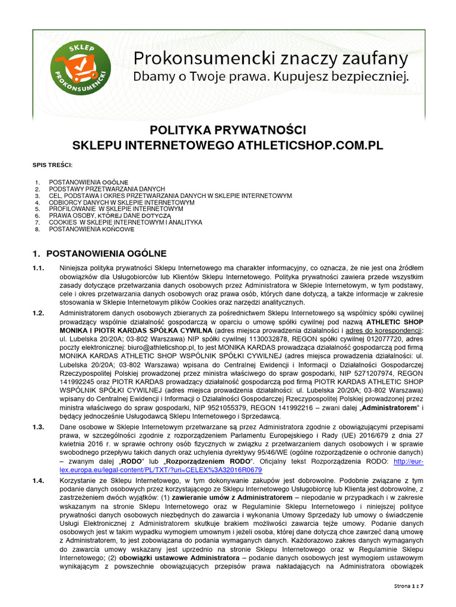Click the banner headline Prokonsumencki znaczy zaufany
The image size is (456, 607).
point(270,59)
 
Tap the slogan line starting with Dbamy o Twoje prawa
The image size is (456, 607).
point(270,77)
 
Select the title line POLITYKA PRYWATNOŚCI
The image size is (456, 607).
point(228,130)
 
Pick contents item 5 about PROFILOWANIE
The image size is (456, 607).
point(116,209)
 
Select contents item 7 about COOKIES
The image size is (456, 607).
point(125,222)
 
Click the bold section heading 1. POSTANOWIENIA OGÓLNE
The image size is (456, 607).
point(100,254)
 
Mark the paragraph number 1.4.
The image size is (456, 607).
point(39,481)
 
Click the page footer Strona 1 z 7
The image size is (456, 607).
point(414,586)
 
